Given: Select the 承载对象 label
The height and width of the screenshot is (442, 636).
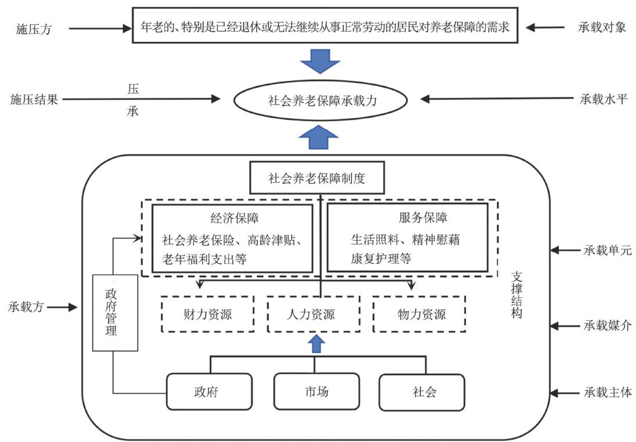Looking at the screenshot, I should (602, 27).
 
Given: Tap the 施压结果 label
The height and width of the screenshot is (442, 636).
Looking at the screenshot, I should (34, 99).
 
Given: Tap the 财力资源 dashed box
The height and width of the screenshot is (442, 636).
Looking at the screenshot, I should (207, 314).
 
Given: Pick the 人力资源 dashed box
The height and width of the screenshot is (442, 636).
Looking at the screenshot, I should (313, 314).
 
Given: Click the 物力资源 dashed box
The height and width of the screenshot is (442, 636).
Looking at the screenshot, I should (419, 314).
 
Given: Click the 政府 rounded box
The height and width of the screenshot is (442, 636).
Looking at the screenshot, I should (209, 392).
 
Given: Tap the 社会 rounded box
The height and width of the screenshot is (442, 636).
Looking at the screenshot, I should (422, 392).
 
